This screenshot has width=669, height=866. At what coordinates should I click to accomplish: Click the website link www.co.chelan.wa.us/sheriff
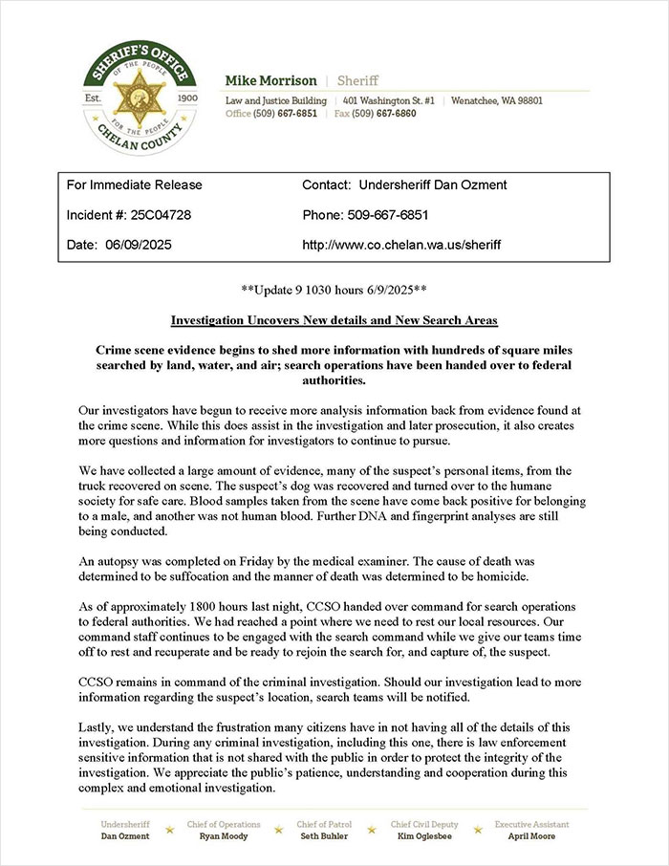(x=400, y=246)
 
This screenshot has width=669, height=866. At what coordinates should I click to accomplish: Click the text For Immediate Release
(x=135, y=184)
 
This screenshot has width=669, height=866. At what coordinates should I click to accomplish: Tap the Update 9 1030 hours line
(x=334, y=288)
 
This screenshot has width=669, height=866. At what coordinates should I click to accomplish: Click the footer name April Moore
(x=531, y=836)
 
